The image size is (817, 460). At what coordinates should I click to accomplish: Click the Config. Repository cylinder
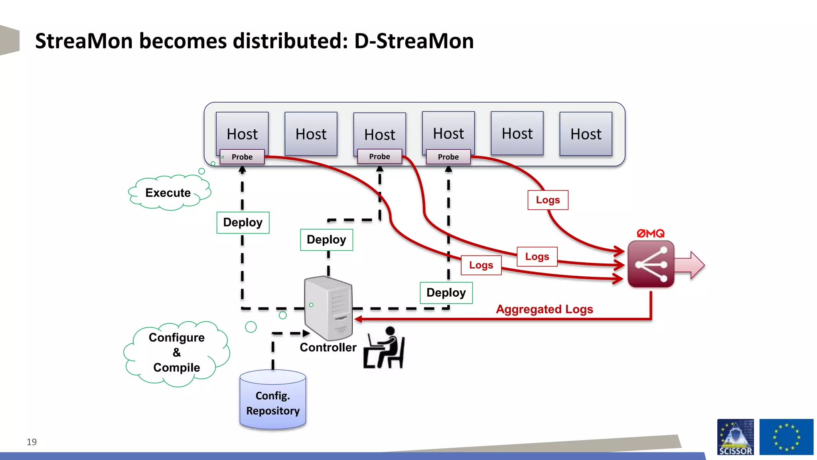click(272, 401)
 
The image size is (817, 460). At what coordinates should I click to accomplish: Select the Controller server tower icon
click(328, 307)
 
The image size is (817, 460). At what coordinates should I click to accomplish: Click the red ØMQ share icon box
click(651, 264)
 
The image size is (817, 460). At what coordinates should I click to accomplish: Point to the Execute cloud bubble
click(168, 193)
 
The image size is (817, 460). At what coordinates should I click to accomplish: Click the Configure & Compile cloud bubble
click(176, 353)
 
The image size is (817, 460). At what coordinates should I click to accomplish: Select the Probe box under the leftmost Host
click(242, 157)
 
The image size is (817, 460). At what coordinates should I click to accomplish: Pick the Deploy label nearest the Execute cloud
click(243, 222)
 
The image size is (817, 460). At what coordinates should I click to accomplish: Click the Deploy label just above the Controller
click(326, 240)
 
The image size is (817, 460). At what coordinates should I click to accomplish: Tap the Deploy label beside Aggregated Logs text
click(446, 293)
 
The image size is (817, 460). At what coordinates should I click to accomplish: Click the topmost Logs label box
click(548, 200)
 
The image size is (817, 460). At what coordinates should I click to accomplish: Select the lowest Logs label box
click(481, 265)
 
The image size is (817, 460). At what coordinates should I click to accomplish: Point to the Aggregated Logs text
click(544, 309)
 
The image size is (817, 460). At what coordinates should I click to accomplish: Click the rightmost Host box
click(586, 134)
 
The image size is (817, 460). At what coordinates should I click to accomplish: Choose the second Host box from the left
click(311, 134)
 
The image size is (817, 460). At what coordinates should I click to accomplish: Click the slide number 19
click(32, 442)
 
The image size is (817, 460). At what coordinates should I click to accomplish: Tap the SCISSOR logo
click(735, 437)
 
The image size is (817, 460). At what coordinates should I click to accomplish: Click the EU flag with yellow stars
click(786, 437)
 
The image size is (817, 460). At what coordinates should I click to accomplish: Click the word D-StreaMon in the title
click(414, 41)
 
